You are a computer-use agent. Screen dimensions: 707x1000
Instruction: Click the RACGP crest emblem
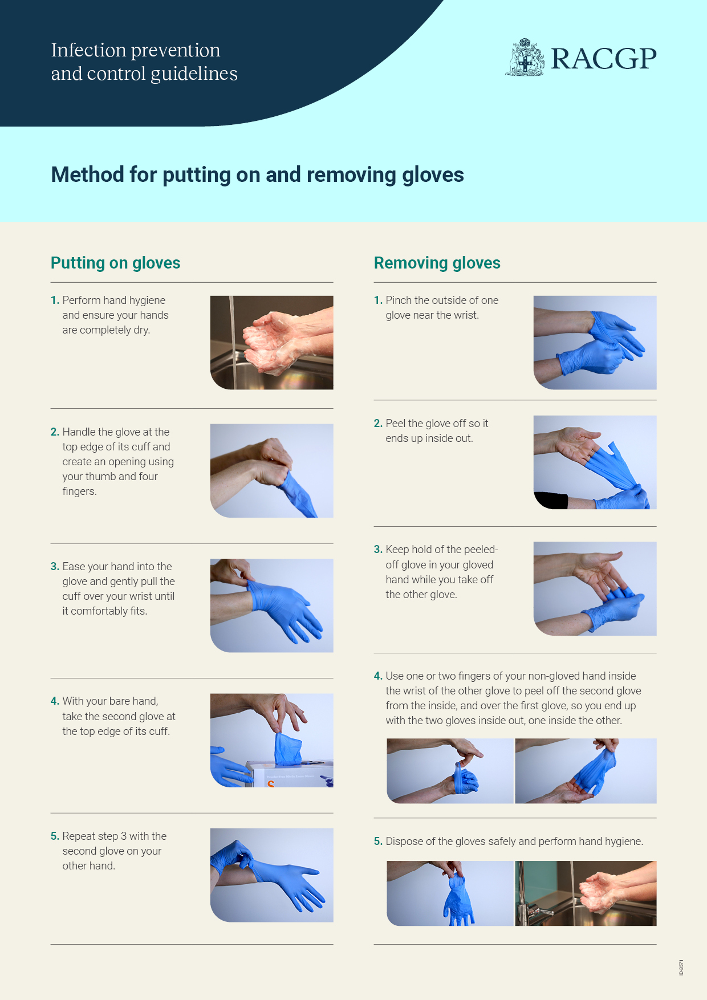(525, 57)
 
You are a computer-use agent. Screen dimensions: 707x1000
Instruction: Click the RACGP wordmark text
(604, 59)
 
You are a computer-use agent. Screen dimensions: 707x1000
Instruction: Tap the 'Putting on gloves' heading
(115, 263)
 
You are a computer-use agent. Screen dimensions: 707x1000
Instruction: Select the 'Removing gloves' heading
(437, 263)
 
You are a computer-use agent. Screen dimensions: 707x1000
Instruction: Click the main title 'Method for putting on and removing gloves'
(257, 174)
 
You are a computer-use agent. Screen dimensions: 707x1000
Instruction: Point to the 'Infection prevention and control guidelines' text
(144, 62)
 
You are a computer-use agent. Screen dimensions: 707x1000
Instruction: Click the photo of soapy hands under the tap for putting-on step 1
(271, 343)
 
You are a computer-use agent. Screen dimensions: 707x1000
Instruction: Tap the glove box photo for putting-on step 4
(271, 740)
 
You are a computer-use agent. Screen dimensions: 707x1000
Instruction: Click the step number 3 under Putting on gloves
(55, 566)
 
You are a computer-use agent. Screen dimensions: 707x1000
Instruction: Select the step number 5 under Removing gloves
(378, 841)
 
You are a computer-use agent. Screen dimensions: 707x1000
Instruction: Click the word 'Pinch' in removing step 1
(399, 300)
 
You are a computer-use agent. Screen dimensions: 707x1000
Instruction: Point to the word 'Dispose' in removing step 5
(404, 842)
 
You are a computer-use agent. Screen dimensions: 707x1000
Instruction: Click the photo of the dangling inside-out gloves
(450, 893)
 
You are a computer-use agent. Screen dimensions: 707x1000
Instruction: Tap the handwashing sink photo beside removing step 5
(586, 893)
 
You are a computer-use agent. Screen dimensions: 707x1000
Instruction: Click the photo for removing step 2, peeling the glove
(595, 462)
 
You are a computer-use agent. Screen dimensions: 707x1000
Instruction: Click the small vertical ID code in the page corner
(681, 968)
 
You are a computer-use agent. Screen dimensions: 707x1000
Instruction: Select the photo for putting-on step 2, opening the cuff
(271, 470)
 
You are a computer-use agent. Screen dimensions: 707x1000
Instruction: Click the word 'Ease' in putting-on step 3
(74, 566)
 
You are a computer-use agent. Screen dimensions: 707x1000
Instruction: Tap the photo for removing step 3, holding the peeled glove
(595, 588)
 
